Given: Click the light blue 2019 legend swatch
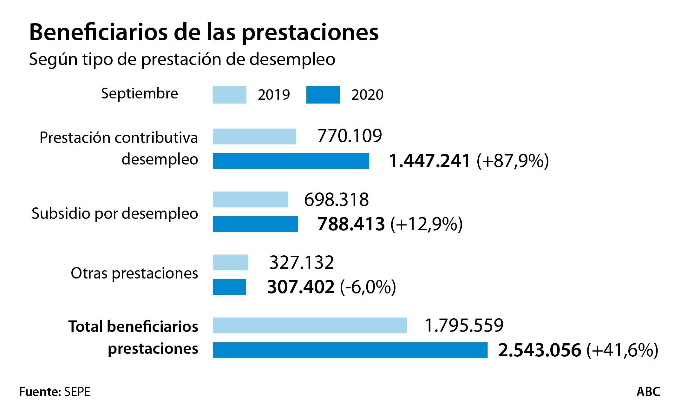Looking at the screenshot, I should click(229, 95).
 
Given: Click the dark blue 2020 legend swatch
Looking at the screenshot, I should click(323, 95).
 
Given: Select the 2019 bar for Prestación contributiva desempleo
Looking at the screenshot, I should click(254, 137).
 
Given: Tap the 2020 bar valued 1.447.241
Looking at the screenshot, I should click(291, 161).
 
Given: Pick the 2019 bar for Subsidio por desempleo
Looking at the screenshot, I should click(250, 199).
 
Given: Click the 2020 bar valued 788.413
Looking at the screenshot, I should click(255, 224).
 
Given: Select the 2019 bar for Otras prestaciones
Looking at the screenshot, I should click(230, 262).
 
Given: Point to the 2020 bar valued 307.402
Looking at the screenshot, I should click(229, 287).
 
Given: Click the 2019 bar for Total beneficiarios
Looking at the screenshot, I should click(310, 325).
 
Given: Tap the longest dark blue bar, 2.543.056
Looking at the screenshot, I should click(350, 350).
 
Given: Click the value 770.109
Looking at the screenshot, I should click(350, 136).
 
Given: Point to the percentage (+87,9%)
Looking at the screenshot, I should click(513, 161).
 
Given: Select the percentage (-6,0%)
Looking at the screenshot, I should click(368, 287).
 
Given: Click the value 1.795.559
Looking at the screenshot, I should click(464, 325).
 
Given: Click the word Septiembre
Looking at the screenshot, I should click(140, 94).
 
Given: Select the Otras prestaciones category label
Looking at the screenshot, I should click(134, 273).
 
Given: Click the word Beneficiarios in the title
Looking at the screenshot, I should click(98, 32).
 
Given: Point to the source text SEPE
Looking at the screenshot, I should click(77, 392).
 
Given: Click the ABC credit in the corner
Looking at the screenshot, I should click(648, 392).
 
